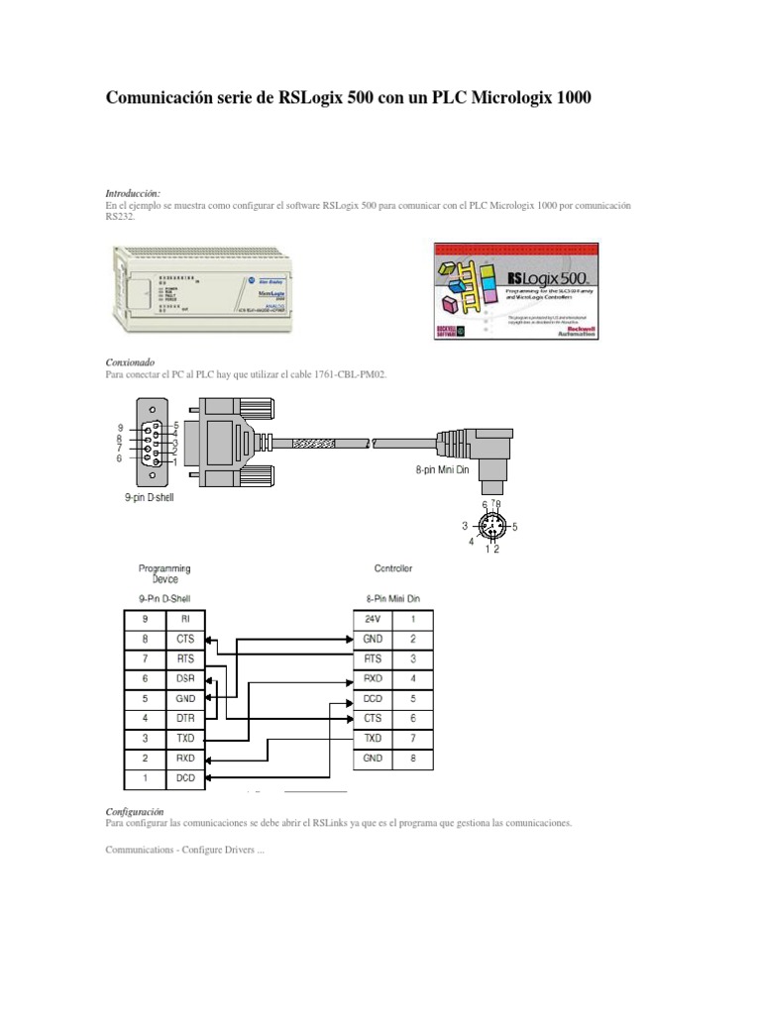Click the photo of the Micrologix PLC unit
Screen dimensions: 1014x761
point(204,291)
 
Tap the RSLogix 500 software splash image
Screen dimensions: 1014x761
point(515,291)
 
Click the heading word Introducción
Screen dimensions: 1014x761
point(133,192)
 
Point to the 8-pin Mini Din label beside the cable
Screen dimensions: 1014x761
point(441,471)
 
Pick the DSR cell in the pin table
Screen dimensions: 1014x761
point(184,677)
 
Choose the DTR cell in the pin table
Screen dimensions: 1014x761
point(184,718)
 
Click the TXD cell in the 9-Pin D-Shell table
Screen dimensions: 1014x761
point(184,739)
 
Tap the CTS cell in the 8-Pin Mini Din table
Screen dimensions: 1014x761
point(373,718)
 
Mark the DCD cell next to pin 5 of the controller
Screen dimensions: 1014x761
point(373,697)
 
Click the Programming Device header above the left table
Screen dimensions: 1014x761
point(164,573)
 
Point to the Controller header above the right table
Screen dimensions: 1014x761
point(393,568)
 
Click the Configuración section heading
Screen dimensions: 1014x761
point(134,811)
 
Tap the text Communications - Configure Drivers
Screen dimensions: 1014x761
point(185,850)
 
